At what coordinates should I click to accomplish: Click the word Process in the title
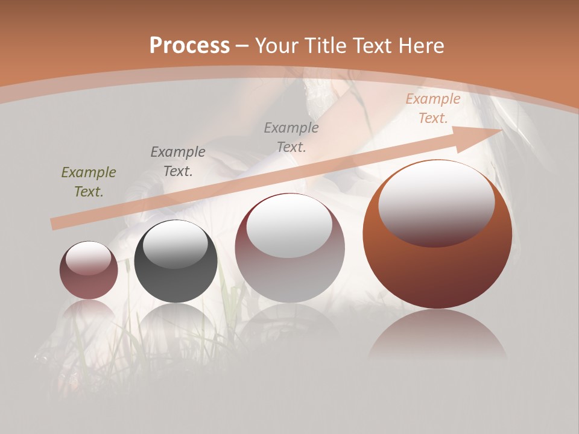(x=189, y=45)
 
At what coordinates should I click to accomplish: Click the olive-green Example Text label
(x=89, y=182)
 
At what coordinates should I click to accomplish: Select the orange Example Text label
(x=432, y=108)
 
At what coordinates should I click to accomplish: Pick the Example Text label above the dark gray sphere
(x=178, y=162)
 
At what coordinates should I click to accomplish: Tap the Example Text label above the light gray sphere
(x=291, y=137)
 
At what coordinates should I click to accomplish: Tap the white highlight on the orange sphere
(x=436, y=202)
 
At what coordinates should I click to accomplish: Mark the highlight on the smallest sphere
(x=88, y=259)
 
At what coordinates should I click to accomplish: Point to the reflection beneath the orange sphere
(x=437, y=335)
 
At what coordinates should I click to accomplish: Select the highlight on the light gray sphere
(x=289, y=226)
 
